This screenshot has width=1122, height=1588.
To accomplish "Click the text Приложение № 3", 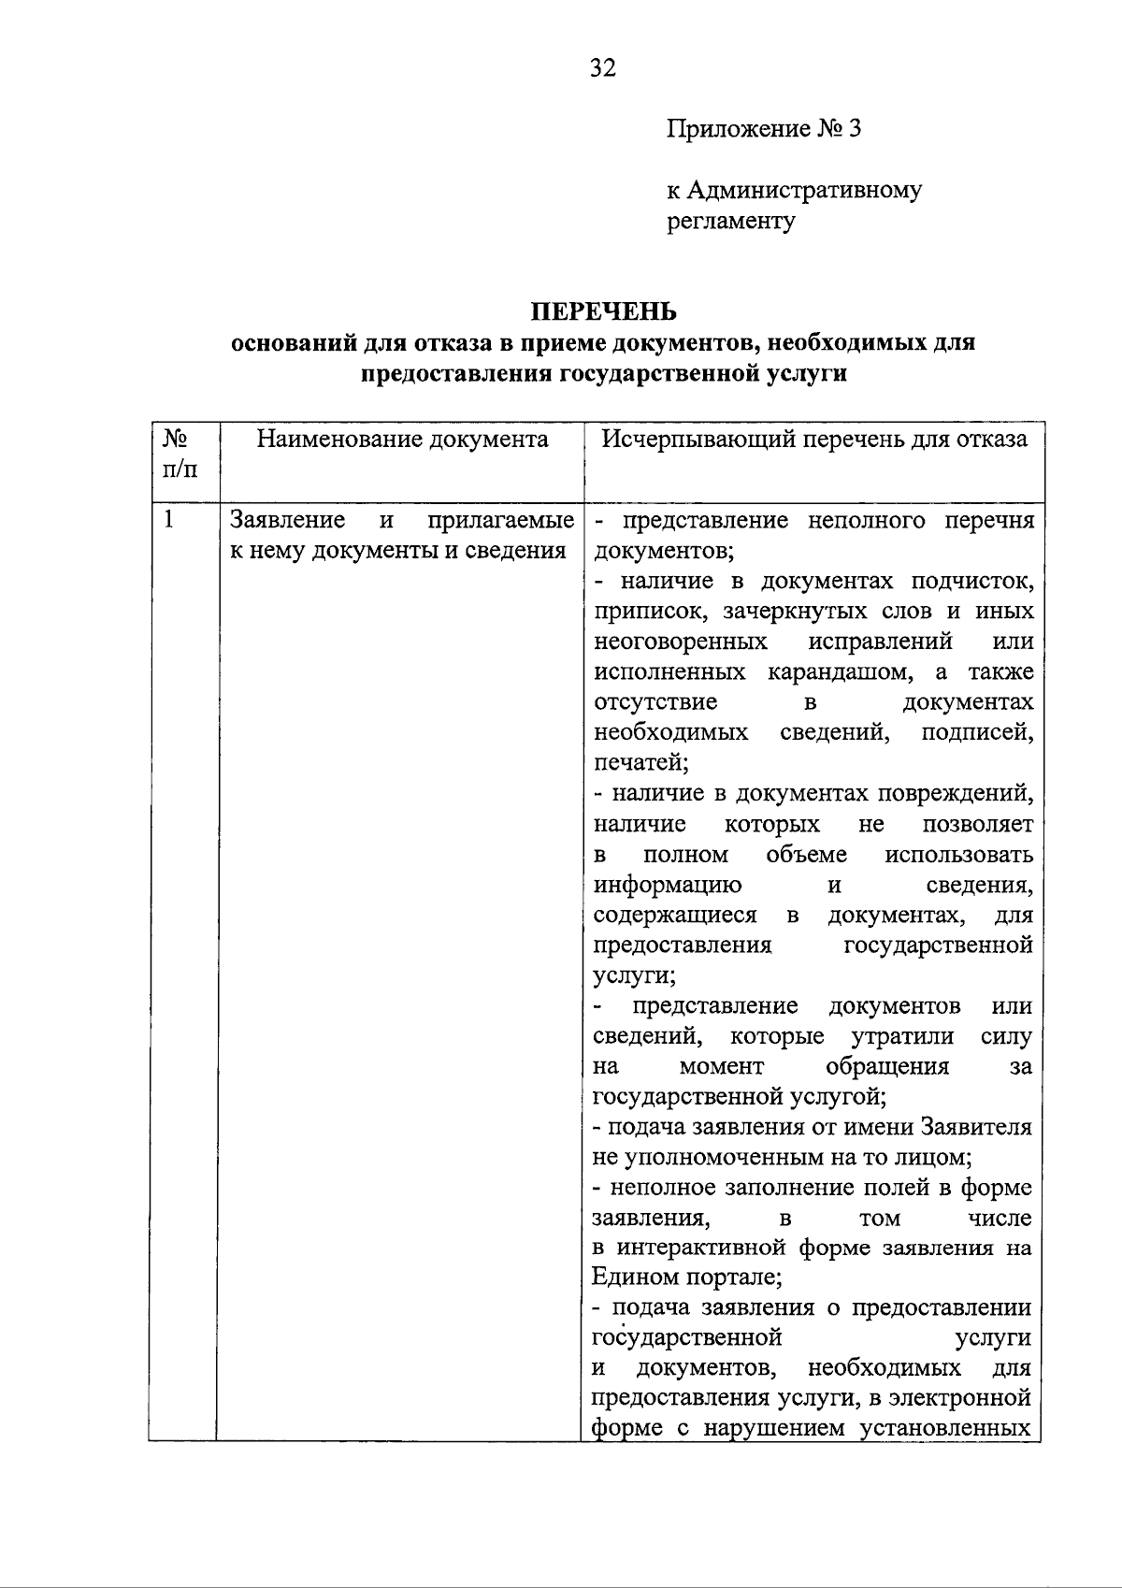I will point(763,128).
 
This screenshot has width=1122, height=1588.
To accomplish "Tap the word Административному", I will point(805,191).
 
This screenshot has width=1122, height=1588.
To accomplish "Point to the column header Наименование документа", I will point(402,440).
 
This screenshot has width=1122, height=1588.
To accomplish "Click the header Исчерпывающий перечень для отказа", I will point(813,440).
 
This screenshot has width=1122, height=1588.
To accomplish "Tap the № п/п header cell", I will point(180,454).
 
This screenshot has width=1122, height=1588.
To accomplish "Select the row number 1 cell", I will point(169,520).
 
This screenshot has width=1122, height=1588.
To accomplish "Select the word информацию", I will point(669,885).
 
